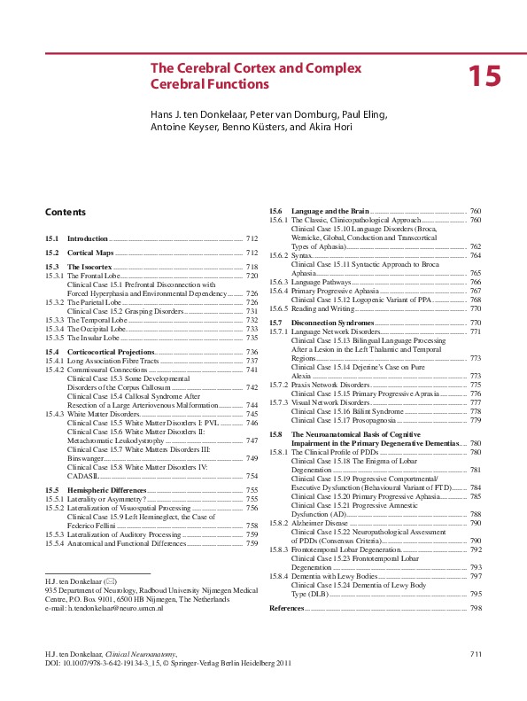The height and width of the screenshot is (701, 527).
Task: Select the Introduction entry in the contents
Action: coord(88,239)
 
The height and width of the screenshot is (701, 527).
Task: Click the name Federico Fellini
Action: coord(96,526)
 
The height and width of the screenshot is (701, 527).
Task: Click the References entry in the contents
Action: coord(286,609)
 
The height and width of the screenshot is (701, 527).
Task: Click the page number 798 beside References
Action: coord(476,609)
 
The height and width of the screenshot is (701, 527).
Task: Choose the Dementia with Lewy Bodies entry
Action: coord(335,577)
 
